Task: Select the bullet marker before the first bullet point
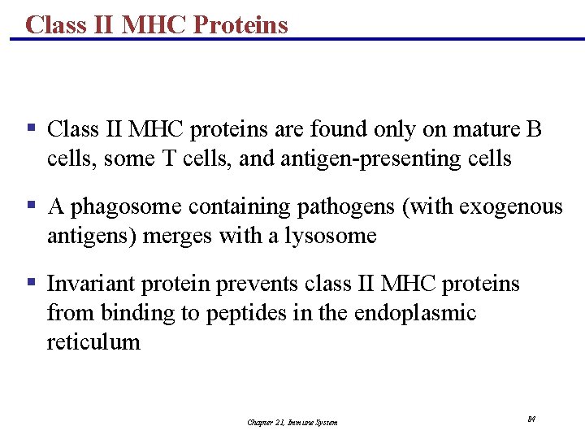(x=31, y=128)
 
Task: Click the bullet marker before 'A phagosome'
(x=31, y=205)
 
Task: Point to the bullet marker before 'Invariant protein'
(x=31, y=282)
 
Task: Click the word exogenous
(x=511, y=207)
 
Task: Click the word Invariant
(x=91, y=285)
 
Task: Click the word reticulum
(x=93, y=342)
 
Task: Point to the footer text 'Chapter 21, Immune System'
(x=292, y=422)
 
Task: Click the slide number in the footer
(x=531, y=419)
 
